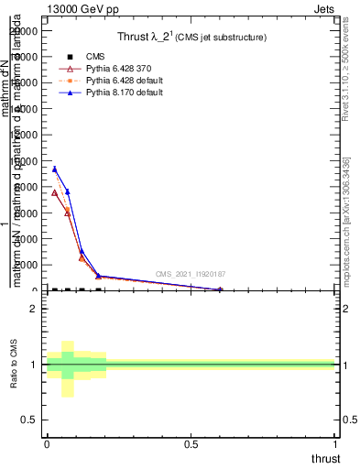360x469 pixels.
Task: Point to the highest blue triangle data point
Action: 55,169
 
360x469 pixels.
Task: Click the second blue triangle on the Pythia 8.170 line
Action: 68,191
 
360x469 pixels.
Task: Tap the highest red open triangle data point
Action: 55,193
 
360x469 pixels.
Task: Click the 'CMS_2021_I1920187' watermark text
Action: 191,274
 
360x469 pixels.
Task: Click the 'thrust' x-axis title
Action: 324,458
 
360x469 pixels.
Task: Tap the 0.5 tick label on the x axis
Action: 191,442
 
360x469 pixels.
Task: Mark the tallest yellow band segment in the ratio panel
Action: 68,368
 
